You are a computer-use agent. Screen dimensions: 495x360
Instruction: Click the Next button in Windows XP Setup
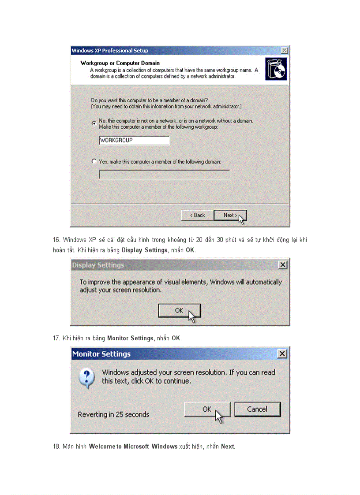pyautogui.click(x=229, y=215)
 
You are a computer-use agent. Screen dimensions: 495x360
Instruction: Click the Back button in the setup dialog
pyautogui.click(x=197, y=215)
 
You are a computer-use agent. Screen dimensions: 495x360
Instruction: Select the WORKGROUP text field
pyautogui.click(x=134, y=140)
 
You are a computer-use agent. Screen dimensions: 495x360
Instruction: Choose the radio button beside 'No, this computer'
pyautogui.click(x=94, y=123)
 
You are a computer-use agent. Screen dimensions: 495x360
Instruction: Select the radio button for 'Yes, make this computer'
pyautogui.click(x=94, y=161)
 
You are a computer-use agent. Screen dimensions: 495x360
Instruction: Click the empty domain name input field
pyautogui.click(x=164, y=175)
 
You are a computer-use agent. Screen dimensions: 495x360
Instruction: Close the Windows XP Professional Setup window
pyautogui.click(x=285, y=51)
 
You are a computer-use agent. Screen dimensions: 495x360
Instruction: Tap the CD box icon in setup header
pyautogui.click(x=276, y=69)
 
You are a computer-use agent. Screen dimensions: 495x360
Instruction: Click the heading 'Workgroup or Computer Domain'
pyautogui.click(x=120, y=63)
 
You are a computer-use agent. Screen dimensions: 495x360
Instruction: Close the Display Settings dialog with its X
pyautogui.click(x=283, y=265)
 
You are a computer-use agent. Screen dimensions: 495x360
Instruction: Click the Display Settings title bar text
pyautogui.click(x=98, y=265)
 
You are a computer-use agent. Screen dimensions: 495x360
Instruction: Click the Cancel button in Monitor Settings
pyautogui.click(x=257, y=409)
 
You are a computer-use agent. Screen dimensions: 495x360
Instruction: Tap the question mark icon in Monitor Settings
pyautogui.click(x=87, y=378)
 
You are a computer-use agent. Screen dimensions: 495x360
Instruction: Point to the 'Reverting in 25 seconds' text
pyautogui.click(x=113, y=414)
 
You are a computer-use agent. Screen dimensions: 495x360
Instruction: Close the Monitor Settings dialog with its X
pyautogui.click(x=282, y=354)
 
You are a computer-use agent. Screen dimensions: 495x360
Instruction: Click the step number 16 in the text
pyautogui.click(x=56, y=240)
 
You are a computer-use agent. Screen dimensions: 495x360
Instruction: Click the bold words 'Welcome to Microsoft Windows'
pyautogui.click(x=133, y=447)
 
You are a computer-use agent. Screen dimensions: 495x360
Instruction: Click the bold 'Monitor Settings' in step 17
pyautogui.click(x=130, y=338)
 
